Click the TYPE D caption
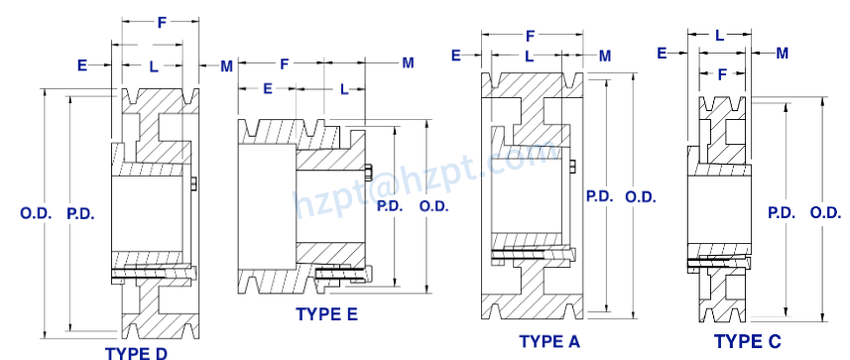136,352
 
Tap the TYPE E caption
326,314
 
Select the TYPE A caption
549,341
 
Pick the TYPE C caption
749,341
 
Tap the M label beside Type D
226,66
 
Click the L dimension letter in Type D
153,65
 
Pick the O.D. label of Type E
434,206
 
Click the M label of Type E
408,63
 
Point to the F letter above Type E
285,63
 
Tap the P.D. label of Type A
599,196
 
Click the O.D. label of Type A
641,196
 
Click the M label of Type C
782,52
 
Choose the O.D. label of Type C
825,212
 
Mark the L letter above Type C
719,35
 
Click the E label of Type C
662,53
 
